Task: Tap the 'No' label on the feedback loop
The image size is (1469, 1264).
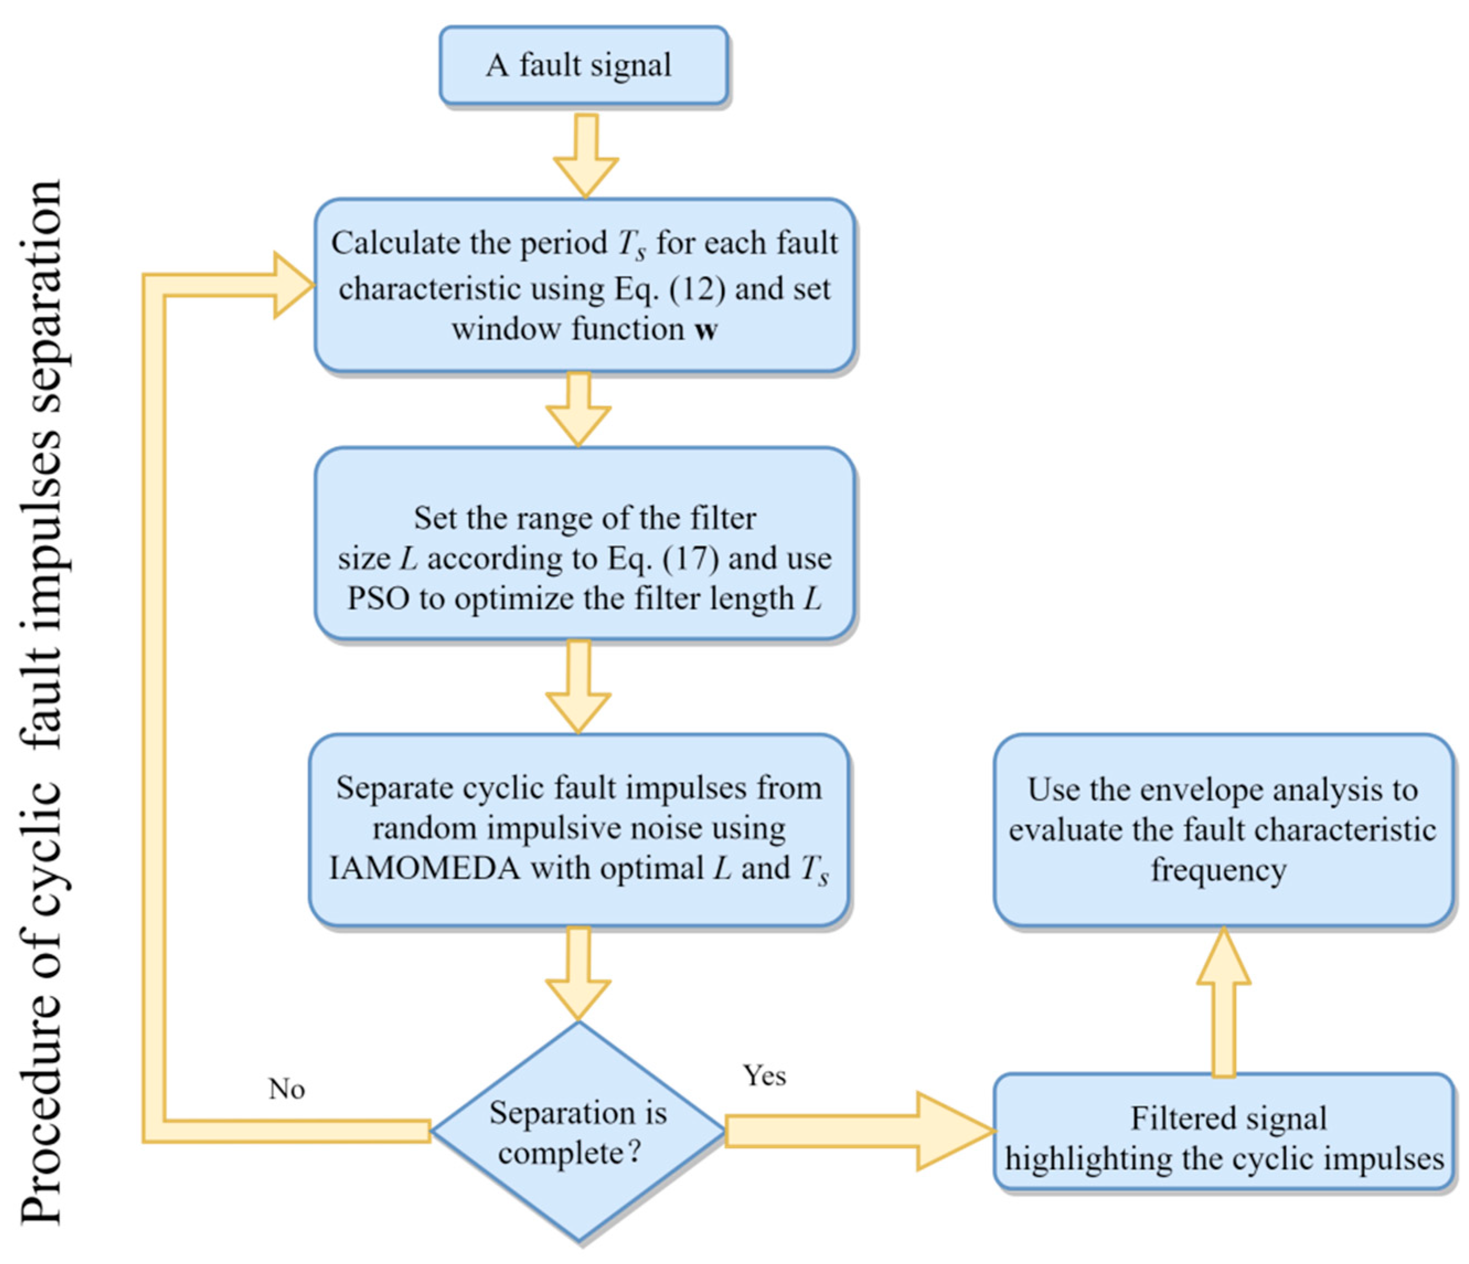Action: point(286,1089)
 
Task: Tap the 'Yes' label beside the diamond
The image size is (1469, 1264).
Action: point(764,1075)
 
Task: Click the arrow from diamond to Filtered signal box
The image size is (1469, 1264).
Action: point(858,1131)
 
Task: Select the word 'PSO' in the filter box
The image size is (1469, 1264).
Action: point(378,599)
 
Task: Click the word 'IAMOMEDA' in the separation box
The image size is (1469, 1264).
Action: point(425,869)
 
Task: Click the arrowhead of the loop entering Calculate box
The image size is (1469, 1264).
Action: point(293,285)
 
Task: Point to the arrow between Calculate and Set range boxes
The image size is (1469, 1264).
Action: point(579,409)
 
